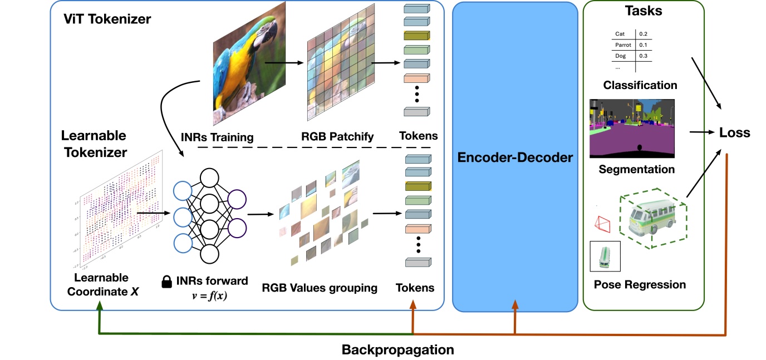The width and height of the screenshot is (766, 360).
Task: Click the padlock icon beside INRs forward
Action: [x=166, y=283]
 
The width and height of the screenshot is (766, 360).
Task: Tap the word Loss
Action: [x=735, y=132]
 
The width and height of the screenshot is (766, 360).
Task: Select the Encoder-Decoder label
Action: [x=514, y=157]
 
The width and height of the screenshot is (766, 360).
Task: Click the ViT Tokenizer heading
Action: [x=107, y=20]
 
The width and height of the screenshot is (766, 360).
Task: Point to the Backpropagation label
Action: [x=397, y=350]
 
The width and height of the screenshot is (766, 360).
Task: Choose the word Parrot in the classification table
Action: [x=623, y=45]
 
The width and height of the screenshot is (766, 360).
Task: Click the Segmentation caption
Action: [x=637, y=169]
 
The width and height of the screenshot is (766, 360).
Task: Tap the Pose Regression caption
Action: [x=640, y=285]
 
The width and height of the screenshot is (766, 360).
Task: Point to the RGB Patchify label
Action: [x=338, y=136]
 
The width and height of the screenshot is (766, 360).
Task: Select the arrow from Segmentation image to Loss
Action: [x=701, y=132]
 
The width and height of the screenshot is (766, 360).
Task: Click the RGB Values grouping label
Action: [x=320, y=288]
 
